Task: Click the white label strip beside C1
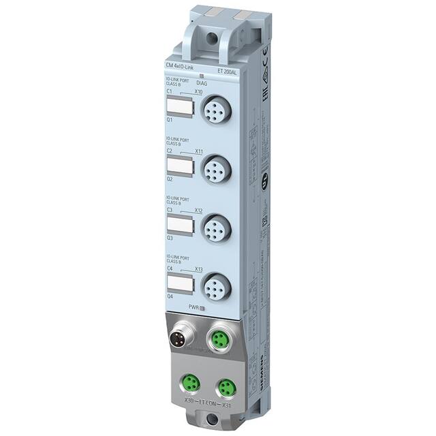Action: click(179, 107)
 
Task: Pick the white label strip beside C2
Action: click(179, 166)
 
